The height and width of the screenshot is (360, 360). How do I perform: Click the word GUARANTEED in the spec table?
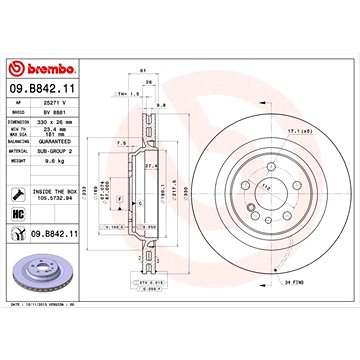pyautogui.click(x=61, y=139)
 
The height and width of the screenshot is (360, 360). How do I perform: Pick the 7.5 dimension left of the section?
pyautogui.click(x=121, y=143)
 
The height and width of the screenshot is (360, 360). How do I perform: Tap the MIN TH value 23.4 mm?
pyautogui.click(x=56, y=128)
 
